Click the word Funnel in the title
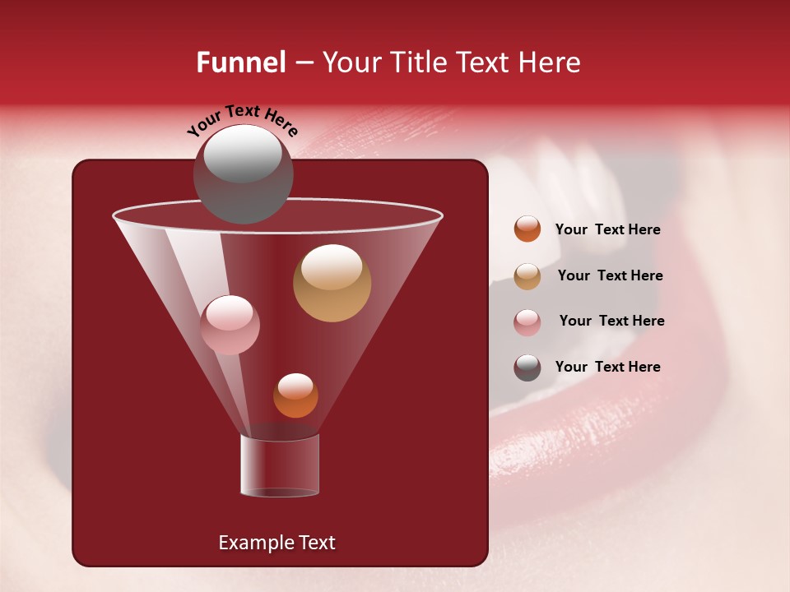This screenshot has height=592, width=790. tap(241, 62)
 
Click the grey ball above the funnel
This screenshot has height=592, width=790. tap(243, 173)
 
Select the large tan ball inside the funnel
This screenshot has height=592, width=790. tap(332, 283)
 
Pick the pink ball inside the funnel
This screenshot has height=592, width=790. tap(230, 325)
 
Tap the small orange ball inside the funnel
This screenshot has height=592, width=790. tap(295, 395)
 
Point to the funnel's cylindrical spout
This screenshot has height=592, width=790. tap(280, 465)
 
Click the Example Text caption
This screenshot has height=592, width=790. tap(276, 543)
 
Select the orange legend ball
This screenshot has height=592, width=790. tap(527, 229)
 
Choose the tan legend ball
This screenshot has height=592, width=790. tap(527, 276)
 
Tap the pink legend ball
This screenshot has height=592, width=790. tap(527, 322)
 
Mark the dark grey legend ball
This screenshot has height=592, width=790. tap(527, 368)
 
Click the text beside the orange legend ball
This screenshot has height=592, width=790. tap(607, 230)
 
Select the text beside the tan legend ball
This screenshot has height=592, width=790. tap(610, 275)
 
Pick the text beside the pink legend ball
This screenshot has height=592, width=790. tap(611, 321)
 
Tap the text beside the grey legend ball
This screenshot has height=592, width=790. tap(607, 367)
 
